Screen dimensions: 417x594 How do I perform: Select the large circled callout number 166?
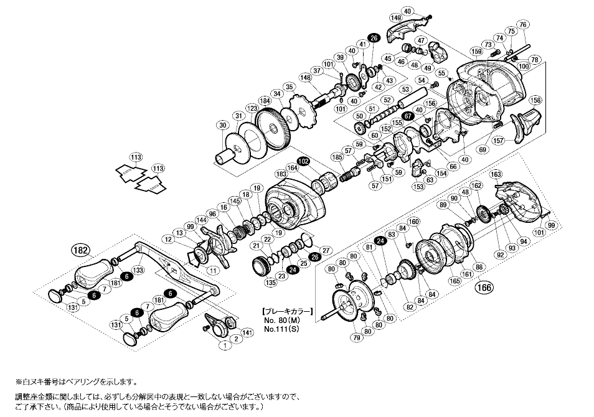(x=483, y=288)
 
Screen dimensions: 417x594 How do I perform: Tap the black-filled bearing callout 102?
(x=303, y=161)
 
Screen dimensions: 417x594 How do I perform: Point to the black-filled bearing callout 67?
(x=408, y=116)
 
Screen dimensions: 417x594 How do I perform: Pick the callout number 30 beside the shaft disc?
(x=223, y=125)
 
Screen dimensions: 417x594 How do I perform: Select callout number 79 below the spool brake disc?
(x=356, y=338)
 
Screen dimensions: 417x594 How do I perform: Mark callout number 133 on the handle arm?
(x=138, y=269)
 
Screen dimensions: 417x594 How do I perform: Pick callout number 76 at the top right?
(x=522, y=24)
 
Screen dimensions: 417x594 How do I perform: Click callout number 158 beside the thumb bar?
(x=534, y=100)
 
